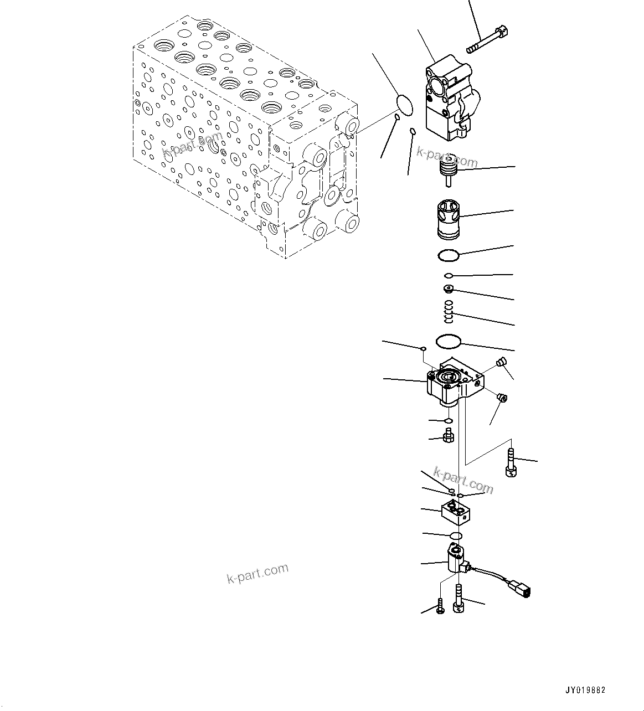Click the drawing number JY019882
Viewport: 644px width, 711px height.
(585, 690)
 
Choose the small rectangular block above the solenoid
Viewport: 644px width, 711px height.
(456, 513)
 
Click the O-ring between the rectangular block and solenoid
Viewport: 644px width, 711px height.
(455, 535)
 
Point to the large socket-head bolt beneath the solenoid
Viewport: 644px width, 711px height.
(458, 600)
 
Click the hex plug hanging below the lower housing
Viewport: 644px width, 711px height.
(449, 437)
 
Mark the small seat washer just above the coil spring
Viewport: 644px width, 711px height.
(449, 288)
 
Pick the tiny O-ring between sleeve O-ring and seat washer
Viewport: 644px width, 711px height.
(449, 275)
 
